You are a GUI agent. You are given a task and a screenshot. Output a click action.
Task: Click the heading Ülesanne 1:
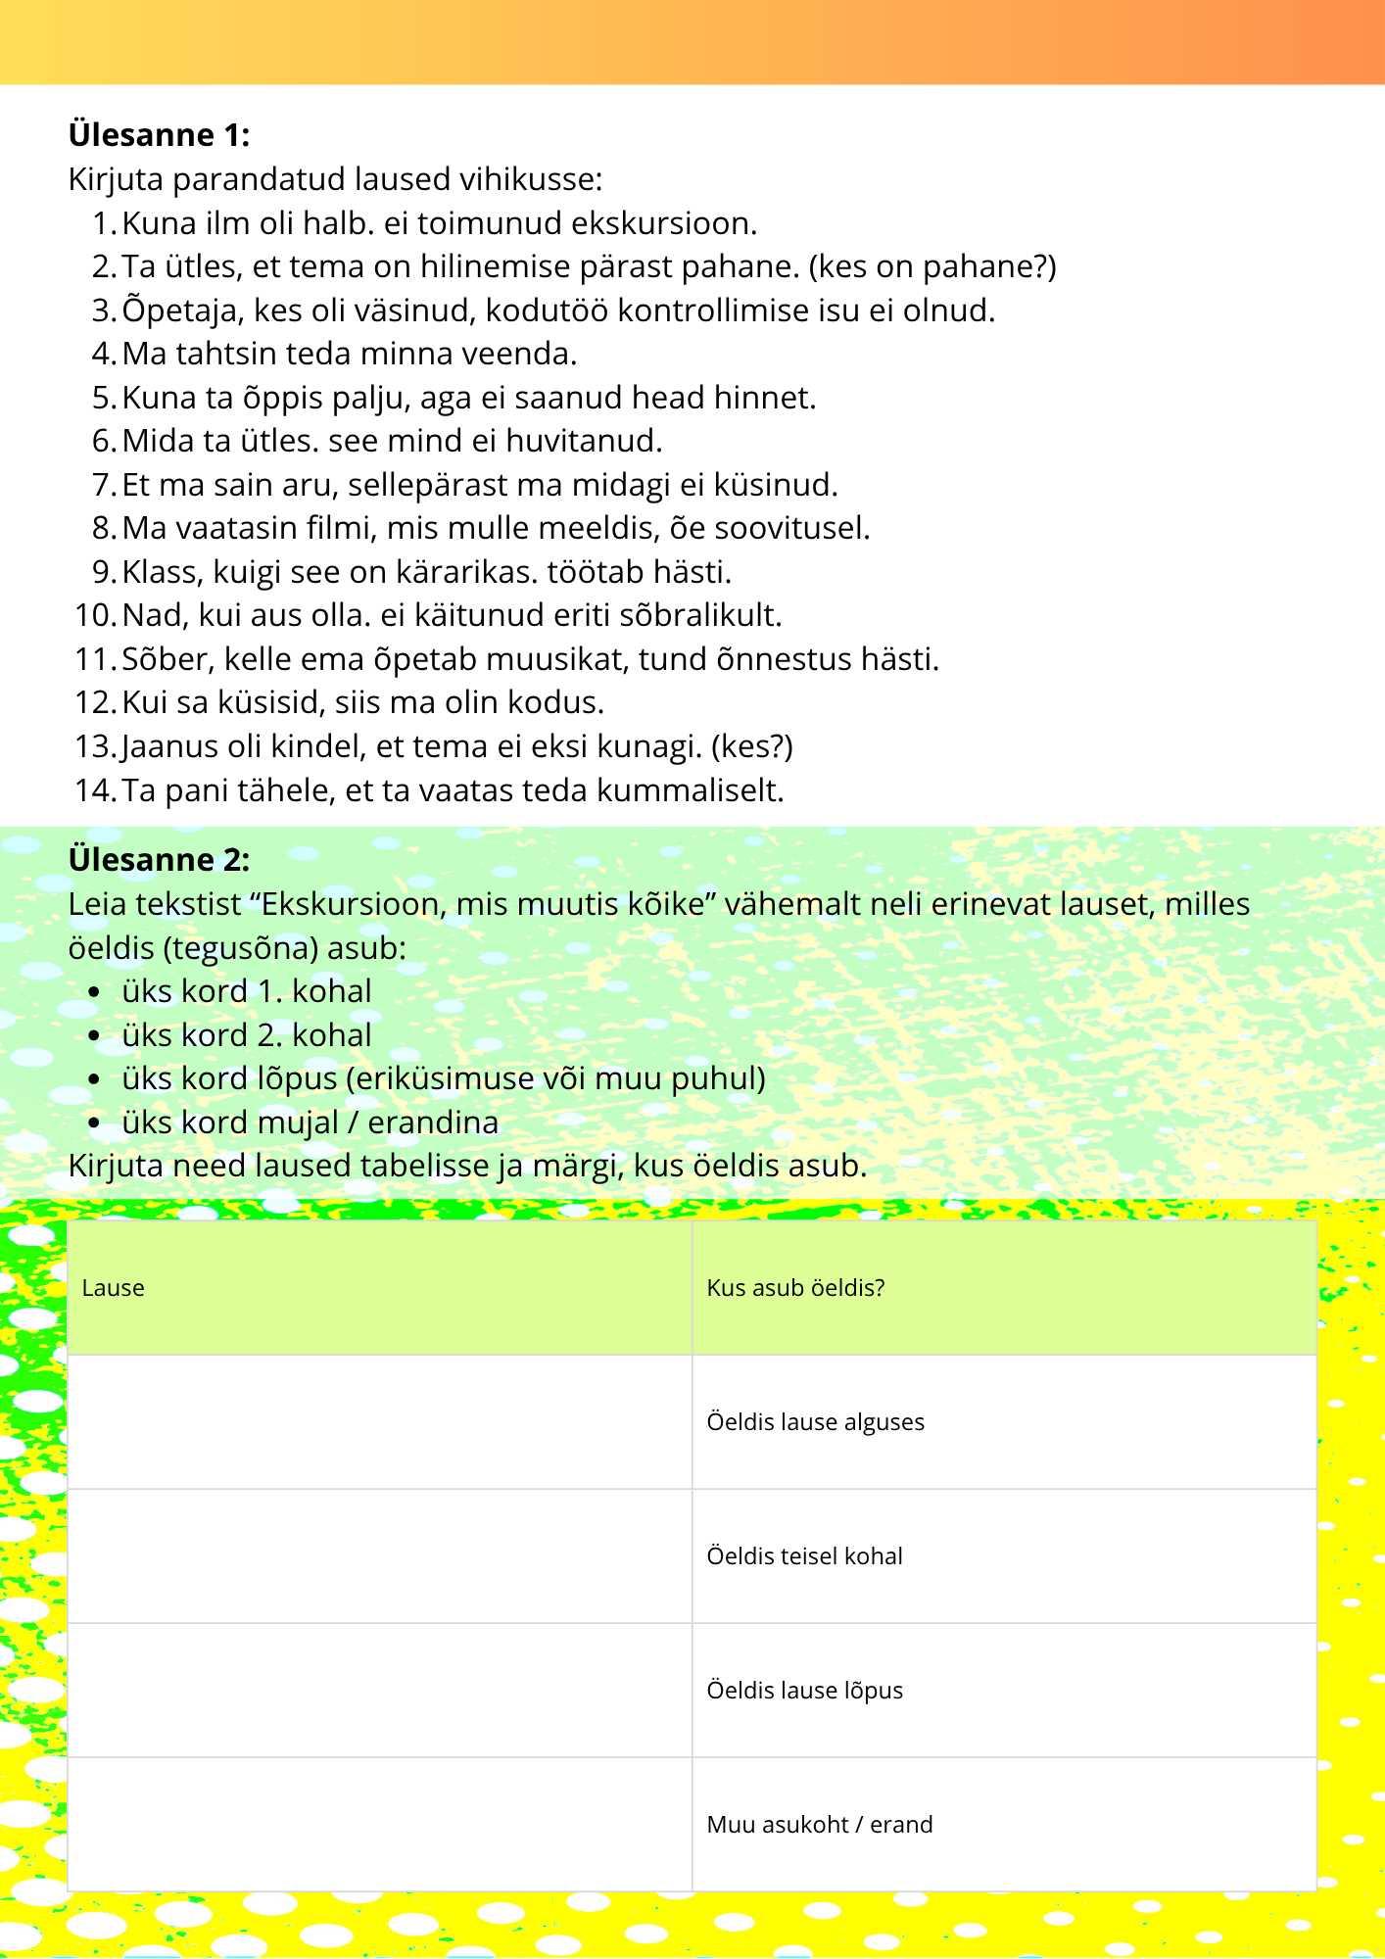[159, 134]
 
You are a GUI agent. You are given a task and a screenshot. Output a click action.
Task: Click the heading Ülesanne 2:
[159, 859]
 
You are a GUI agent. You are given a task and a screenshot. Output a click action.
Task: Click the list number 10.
[95, 615]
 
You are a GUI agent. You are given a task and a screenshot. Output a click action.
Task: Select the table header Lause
[114, 1288]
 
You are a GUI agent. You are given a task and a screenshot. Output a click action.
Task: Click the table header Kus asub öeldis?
[795, 1288]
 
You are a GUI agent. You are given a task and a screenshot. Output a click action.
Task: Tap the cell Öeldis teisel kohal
[804, 1556]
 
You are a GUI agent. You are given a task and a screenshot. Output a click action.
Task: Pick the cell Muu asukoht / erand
[819, 1825]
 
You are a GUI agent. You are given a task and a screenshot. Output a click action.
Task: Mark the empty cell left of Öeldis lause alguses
[380, 1422]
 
